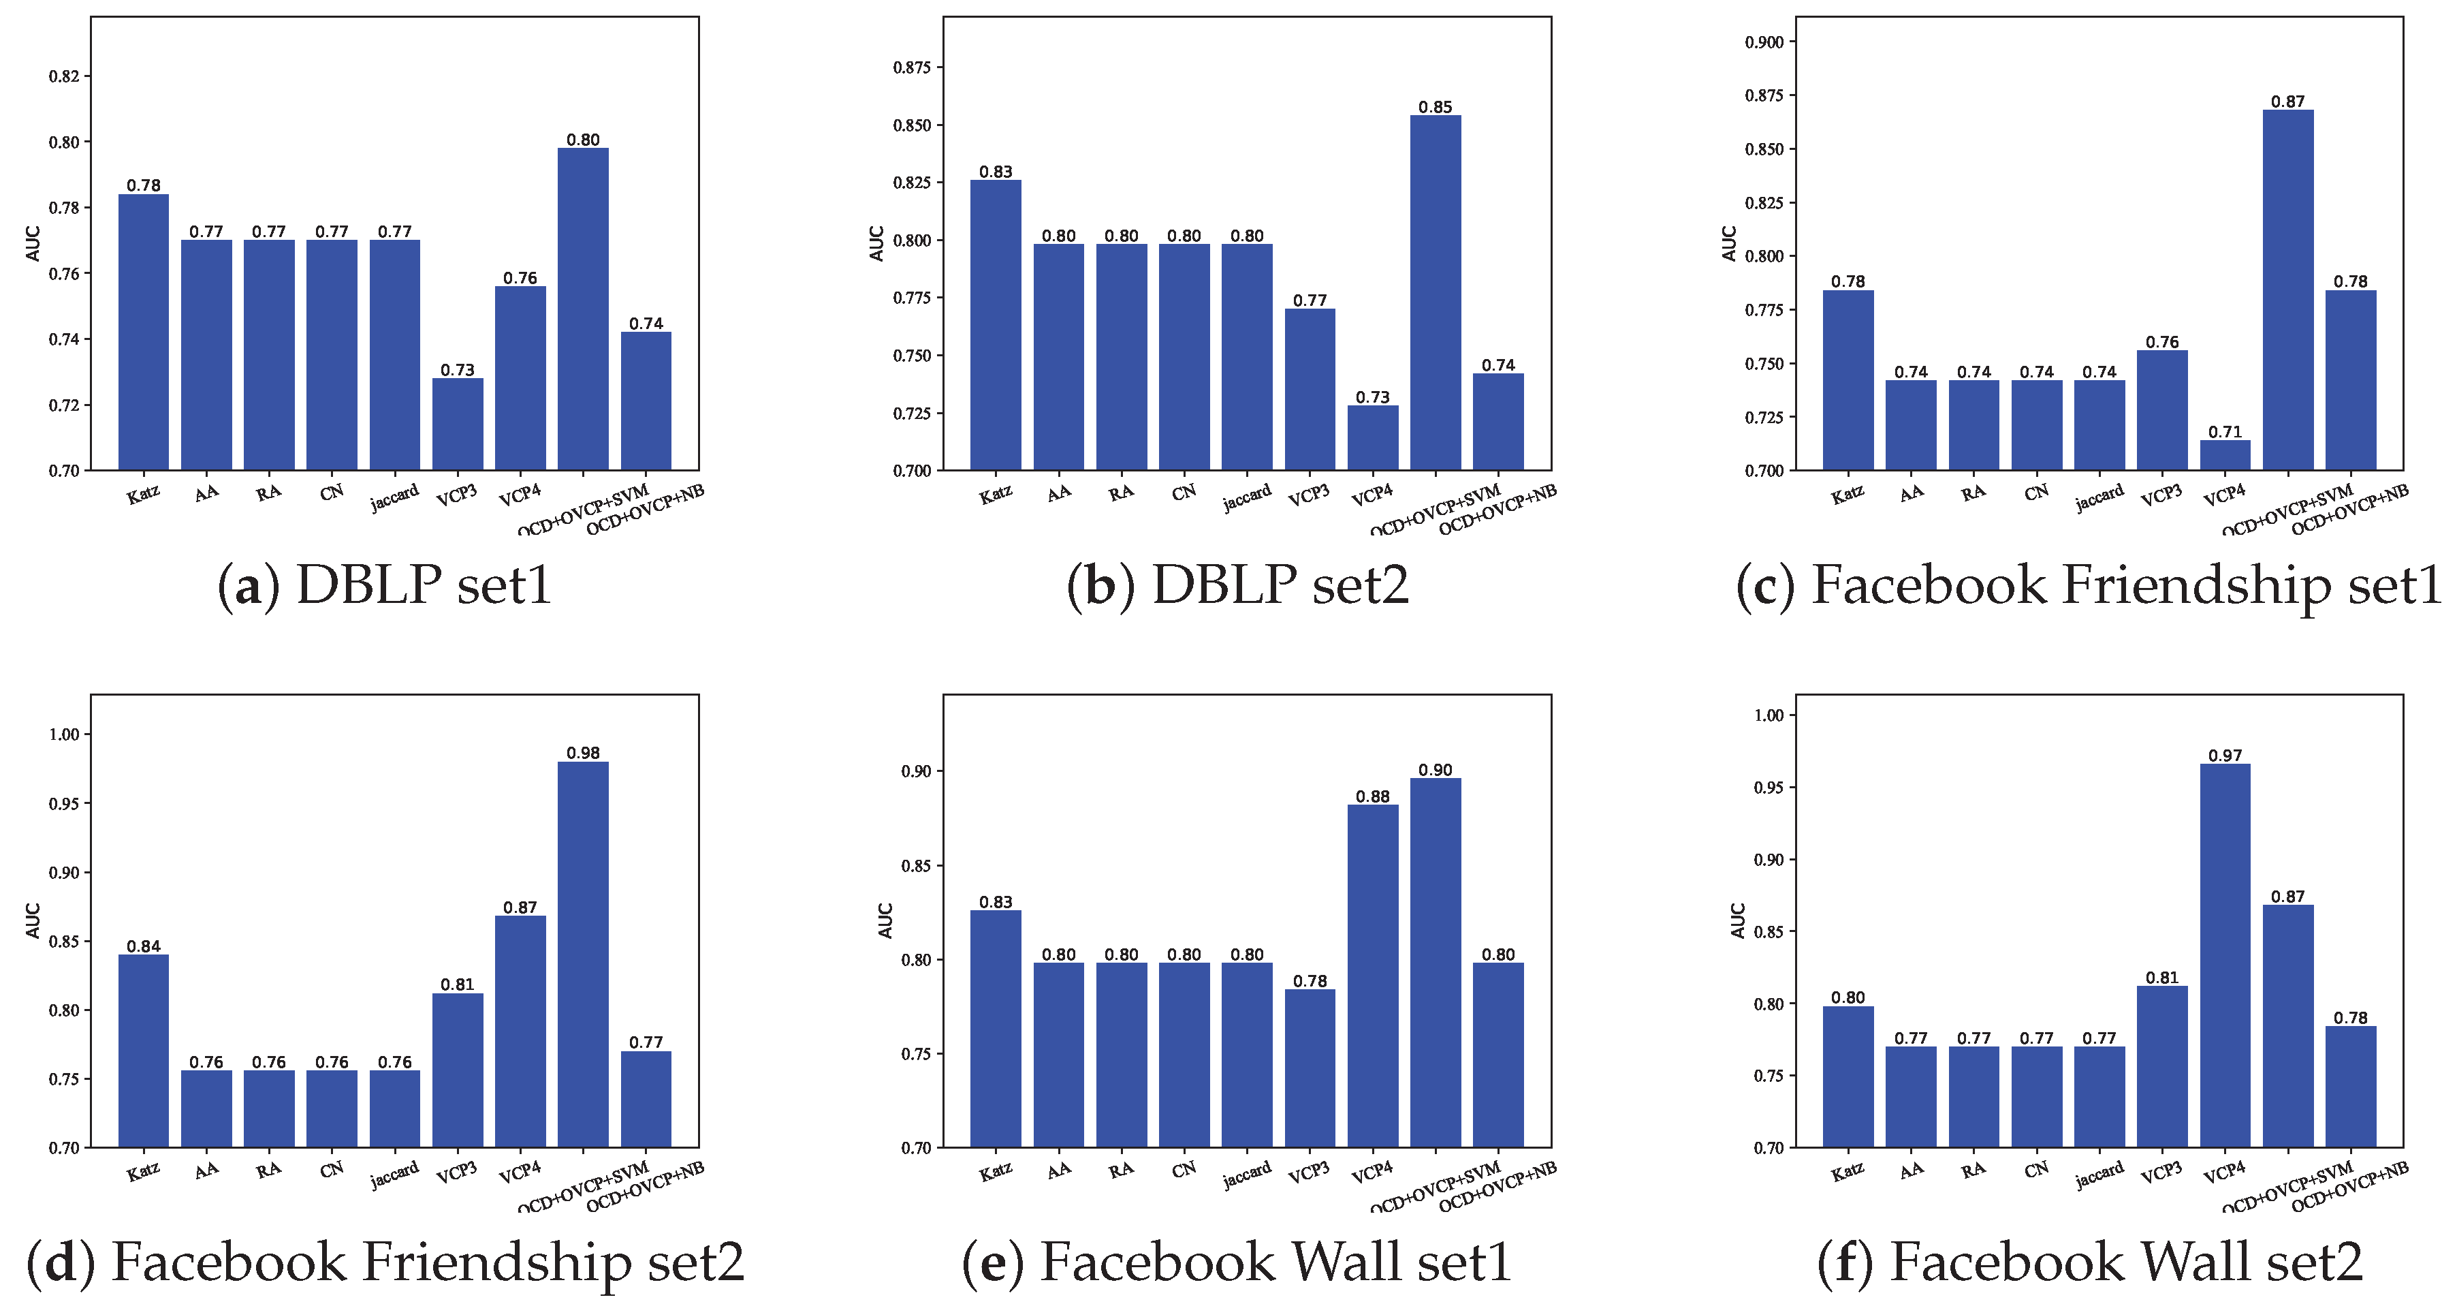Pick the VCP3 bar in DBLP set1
click(x=457, y=424)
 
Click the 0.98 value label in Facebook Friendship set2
click(x=583, y=753)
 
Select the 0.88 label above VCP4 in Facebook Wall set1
click(x=1372, y=796)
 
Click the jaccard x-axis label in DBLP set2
click(x=1247, y=497)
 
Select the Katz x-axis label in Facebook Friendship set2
click(x=143, y=1171)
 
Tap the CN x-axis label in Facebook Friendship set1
click(x=2036, y=492)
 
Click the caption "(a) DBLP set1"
click(x=385, y=585)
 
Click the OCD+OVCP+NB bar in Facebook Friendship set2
click(x=646, y=1099)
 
